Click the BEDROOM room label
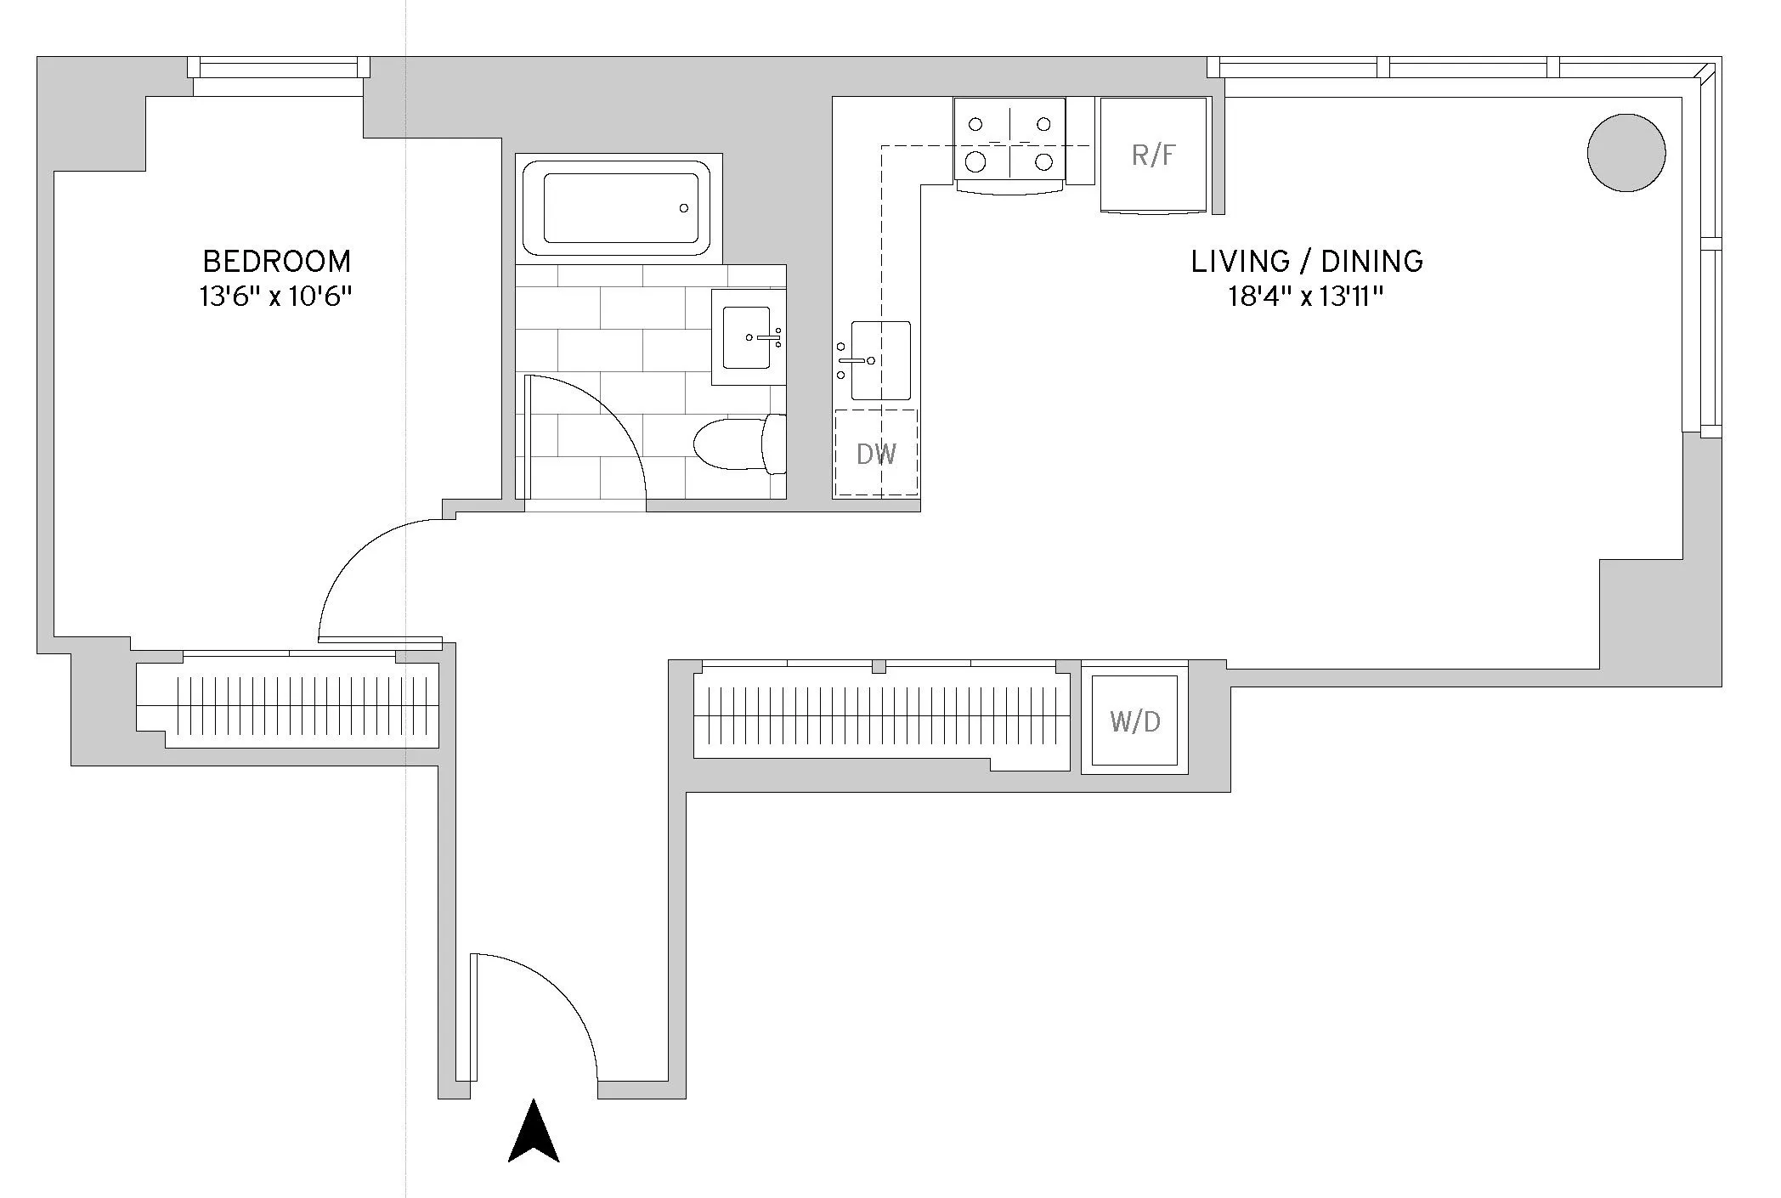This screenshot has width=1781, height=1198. [276, 261]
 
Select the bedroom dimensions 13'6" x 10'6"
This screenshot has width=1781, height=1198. [275, 297]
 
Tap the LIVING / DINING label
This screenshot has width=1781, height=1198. [1307, 261]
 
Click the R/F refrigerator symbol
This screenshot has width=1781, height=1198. [1154, 155]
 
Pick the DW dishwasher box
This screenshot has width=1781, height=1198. [876, 454]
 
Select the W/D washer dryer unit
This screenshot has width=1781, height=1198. [1134, 722]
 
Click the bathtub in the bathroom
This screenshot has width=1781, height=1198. [618, 207]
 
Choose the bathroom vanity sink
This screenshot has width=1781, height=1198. [747, 338]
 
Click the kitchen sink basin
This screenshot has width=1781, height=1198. [880, 360]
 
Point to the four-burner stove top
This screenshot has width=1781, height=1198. [1009, 140]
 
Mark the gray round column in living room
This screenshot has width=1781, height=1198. [1626, 152]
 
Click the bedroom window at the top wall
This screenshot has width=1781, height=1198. [279, 67]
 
